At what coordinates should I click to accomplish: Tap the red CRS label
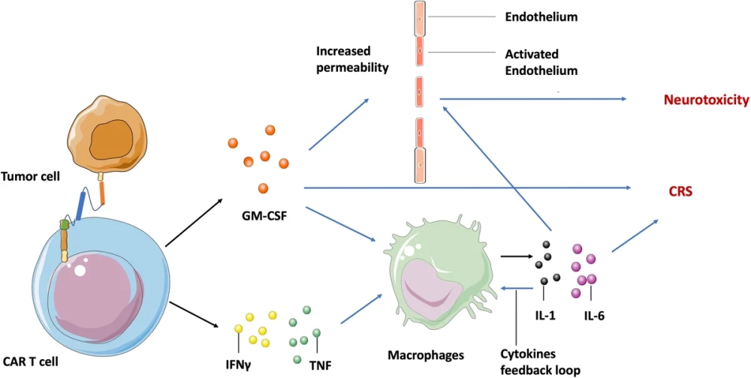pyautogui.click(x=680, y=192)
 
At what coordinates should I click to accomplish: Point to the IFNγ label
pyautogui.click(x=238, y=365)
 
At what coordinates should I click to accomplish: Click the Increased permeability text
pyautogui.click(x=352, y=60)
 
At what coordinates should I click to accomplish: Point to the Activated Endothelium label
pyautogui.click(x=540, y=61)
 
